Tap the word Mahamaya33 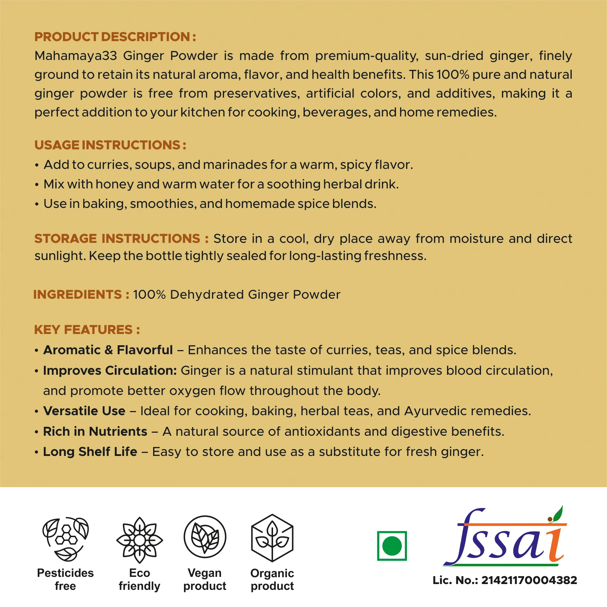coord(76,56)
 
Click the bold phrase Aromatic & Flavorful coord(108,350)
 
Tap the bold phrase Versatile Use coord(84,411)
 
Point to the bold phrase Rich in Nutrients coord(95,432)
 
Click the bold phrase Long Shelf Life coord(90,452)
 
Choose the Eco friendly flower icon coord(139,540)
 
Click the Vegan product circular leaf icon coord(205,537)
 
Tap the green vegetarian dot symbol coord(392,546)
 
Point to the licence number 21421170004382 coord(529,580)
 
